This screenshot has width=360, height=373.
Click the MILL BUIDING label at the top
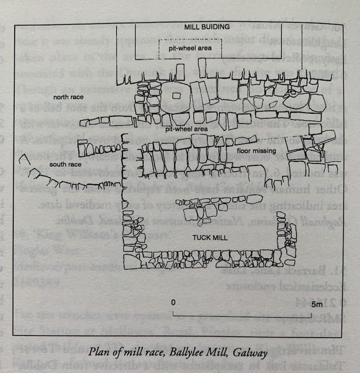point(207,26)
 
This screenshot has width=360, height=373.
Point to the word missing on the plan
point(266,151)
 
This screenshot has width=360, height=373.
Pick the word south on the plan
point(58,164)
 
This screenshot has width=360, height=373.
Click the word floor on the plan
point(244,151)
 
